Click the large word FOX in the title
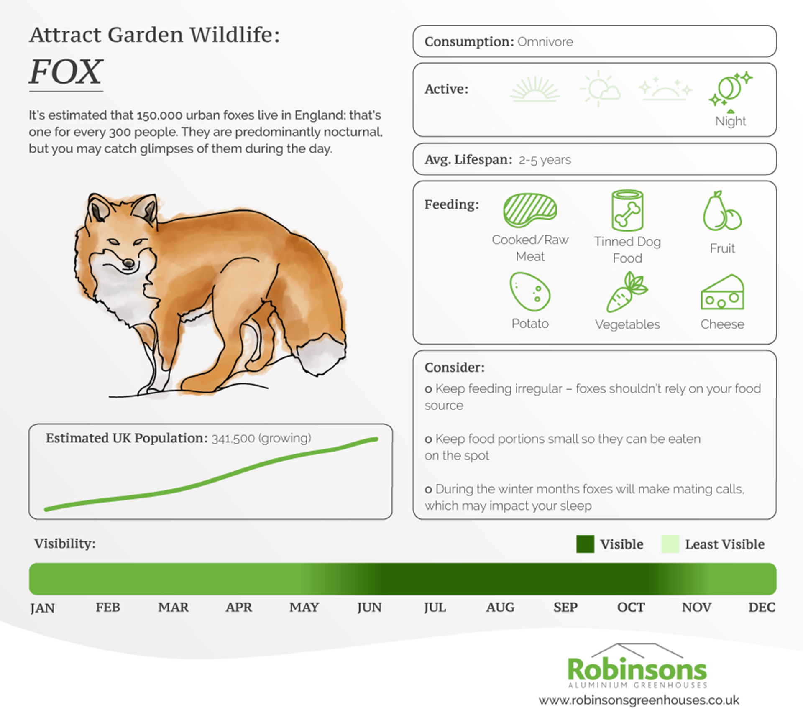click(x=66, y=71)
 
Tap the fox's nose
click(x=128, y=263)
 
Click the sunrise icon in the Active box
click(x=535, y=89)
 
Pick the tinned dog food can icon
click(x=627, y=210)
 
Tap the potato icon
click(x=530, y=291)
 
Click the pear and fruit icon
click(x=722, y=211)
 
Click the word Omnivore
click(x=545, y=42)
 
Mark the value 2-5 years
click(x=545, y=160)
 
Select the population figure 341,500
click(x=233, y=439)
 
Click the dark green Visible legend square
click(x=585, y=544)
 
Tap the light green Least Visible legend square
click(x=670, y=544)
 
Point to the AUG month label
click(x=500, y=607)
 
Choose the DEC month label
click(x=762, y=607)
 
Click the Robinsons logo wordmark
click(x=637, y=669)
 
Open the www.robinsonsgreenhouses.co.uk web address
click(x=639, y=700)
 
